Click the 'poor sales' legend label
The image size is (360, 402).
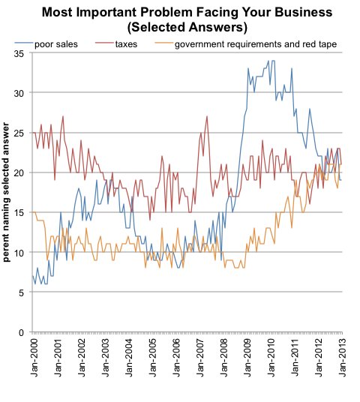[x=56, y=44]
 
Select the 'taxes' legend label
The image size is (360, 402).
[x=126, y=44]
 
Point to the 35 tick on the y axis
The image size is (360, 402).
[x=19, y=54]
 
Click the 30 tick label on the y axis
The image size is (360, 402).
[x=19, y=93]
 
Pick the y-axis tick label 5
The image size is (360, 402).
[x=21, y=292]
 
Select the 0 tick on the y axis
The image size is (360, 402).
[x=21, y=333]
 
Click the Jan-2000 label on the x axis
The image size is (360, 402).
[x=34, y=358]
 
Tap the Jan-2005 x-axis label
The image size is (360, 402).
[x=153, y=358]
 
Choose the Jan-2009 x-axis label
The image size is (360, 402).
[x=248, y=358]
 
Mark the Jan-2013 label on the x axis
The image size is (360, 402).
[x=342, y=358]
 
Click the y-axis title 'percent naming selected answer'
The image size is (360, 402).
[x=6, y=192]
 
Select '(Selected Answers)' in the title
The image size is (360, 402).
[x=187, y=27]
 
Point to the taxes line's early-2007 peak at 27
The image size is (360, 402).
[x=207, y=116]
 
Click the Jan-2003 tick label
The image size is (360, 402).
[x=106, y=358]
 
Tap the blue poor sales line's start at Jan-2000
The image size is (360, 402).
[x=33, y=276]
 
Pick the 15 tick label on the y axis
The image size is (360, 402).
[x=19, y=213]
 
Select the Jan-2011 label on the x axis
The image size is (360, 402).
[x=295, y=358]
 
